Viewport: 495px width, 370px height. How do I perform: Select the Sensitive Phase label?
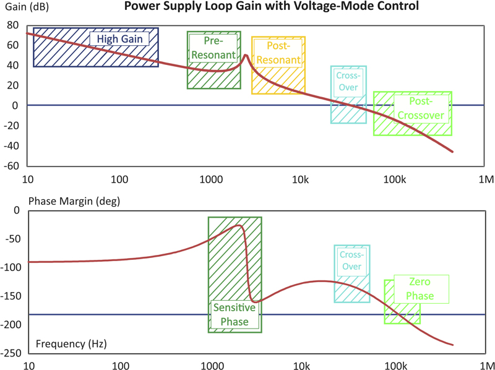[x=231, y=314]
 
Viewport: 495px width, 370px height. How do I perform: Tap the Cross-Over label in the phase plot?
[x=351, y=260]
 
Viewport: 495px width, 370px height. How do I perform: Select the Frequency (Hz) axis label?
[x=65, y=343]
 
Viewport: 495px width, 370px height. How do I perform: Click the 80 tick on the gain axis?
[x=12, y=25]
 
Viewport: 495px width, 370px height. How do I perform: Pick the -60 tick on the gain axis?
[x=11, y=166]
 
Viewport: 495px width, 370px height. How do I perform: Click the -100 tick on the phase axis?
[x=12, y=267]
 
